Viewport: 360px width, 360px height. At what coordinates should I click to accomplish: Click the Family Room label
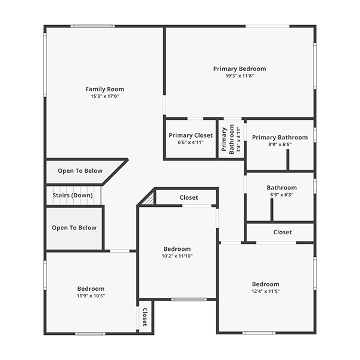105,89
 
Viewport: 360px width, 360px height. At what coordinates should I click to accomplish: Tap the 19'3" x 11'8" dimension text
240,76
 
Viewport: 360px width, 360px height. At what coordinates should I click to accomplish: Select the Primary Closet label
191,135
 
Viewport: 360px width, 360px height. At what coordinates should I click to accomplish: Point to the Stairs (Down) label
73,195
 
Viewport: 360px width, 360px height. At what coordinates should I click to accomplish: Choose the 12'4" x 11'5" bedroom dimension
265,291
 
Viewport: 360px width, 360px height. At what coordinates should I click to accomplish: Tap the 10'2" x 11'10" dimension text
177,256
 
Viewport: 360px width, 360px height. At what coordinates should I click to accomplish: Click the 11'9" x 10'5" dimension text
91,296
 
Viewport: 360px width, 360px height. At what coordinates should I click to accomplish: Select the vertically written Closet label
145,317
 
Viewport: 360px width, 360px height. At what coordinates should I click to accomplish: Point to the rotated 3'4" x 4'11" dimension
239,139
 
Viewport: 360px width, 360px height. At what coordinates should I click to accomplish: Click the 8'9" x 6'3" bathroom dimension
282,195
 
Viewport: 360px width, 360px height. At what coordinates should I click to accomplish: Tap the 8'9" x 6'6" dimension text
280,144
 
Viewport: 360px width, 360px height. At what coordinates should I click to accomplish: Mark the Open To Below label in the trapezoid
80,171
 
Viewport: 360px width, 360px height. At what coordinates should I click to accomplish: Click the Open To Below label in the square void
74,228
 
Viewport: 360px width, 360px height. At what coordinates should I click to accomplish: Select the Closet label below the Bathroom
283,232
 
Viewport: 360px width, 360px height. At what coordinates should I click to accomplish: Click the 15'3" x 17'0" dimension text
105,96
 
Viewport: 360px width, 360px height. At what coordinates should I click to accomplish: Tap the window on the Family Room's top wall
93,26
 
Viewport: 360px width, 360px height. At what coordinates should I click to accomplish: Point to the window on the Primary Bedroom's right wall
315,66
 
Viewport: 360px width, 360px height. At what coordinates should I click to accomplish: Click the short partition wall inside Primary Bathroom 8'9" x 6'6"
288,160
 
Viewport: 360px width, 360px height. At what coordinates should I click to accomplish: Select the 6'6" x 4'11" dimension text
191,142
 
